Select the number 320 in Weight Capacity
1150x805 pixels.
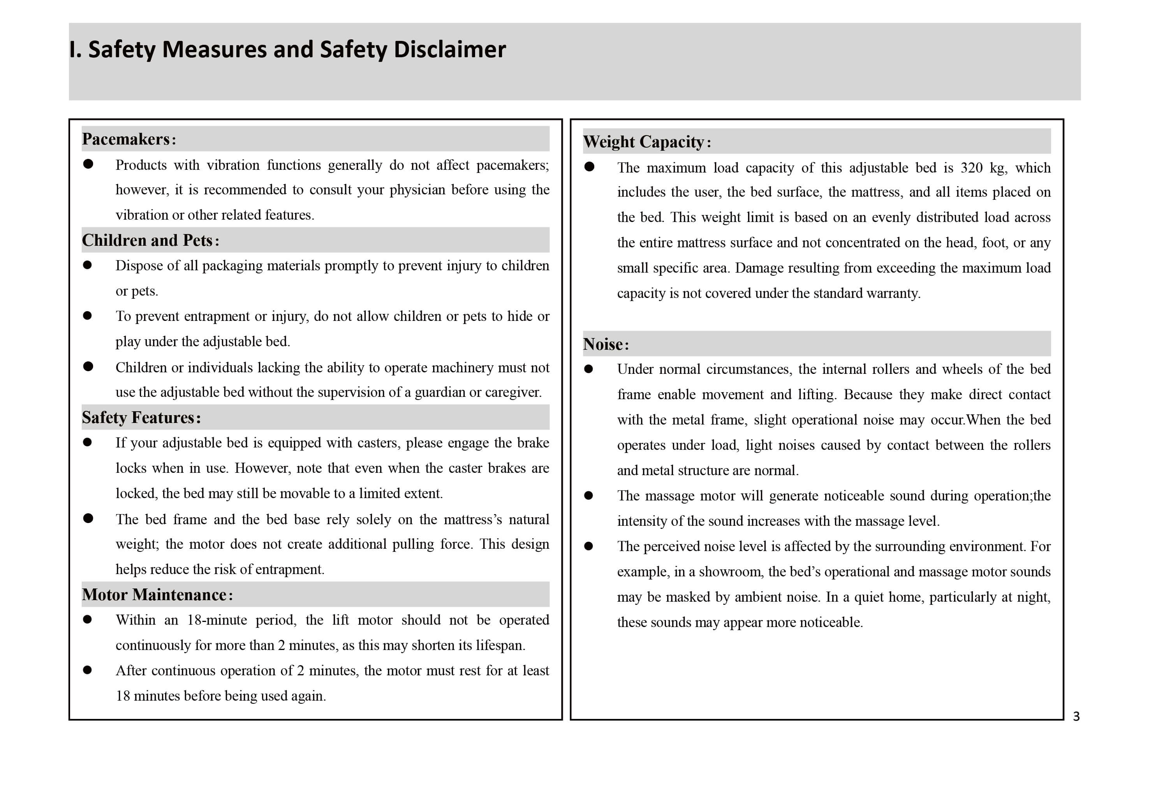[971, 168]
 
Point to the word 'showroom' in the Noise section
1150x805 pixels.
[731, 572]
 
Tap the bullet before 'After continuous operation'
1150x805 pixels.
[88, 670]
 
